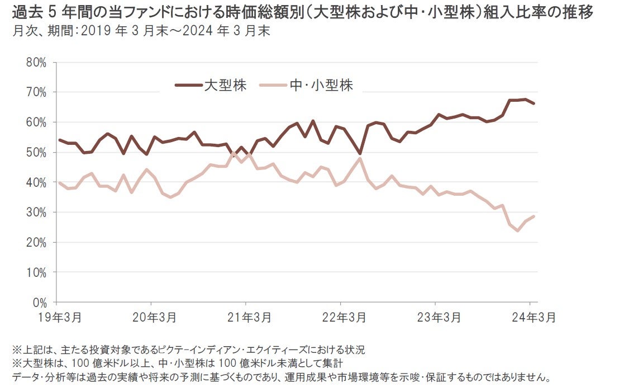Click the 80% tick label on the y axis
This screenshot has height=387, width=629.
point(36,62)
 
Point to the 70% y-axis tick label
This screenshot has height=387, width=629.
point(36,92)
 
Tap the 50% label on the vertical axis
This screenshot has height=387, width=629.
point(36,152)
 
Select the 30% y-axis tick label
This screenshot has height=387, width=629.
point(36,213)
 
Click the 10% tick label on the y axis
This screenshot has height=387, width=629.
point(36,272)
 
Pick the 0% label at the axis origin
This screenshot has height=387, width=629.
point(39,303)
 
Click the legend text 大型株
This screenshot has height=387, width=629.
point(225,85)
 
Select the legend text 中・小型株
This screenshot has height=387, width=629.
point(322,85)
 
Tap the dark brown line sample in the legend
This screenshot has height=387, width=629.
point(188,85)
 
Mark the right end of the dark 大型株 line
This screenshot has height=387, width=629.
point(534,103)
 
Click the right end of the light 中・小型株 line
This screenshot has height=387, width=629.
point(534,216)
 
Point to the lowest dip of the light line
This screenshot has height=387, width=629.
point(517,230)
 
